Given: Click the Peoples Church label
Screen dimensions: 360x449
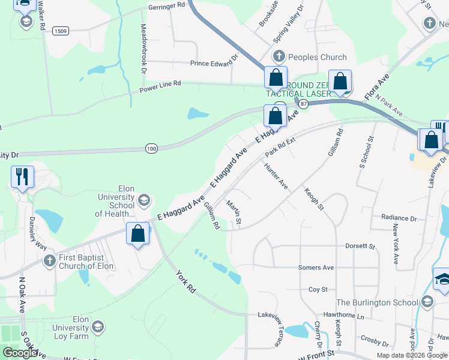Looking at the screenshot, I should coord(318,57).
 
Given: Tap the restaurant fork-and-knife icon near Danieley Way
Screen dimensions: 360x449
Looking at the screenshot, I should coord(22,176).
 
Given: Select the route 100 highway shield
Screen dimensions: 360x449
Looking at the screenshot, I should coord(151,148).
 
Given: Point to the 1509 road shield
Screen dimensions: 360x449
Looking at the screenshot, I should coord(60,31).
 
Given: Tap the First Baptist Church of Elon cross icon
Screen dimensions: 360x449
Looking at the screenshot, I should coord(50,261).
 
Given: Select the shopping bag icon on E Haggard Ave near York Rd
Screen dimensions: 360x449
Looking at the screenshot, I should coord(138,234).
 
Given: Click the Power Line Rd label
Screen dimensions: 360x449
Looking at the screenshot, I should coord(160,86).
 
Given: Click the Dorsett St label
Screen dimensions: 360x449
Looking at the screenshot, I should coord(360,246).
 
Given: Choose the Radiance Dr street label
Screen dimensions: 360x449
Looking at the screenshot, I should coord(399,218).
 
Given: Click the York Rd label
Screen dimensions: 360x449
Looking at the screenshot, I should coord(186,281).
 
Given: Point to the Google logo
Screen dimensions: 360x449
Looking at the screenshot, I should coord(20,353).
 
